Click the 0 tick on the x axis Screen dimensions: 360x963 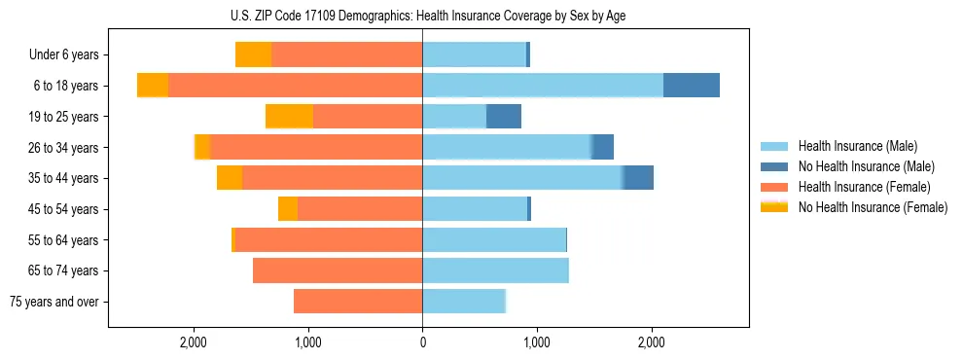point(422,342)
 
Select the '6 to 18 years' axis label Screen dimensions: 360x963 point(65,86)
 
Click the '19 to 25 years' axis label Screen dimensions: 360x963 point(64,117)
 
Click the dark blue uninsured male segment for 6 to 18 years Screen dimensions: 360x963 point(692,86)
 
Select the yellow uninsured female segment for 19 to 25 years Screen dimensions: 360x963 point(289,117)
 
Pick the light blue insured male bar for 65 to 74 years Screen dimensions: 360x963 point(495,270)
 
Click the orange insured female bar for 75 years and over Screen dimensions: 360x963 point(358,302)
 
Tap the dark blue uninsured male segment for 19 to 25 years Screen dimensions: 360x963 point(504,117)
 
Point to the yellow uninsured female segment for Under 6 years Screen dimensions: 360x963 point(253,54)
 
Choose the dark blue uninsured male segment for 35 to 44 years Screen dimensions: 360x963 point(638,178)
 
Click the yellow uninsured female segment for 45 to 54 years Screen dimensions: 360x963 point(288,209)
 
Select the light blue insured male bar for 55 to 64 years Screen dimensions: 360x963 point(494,240)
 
